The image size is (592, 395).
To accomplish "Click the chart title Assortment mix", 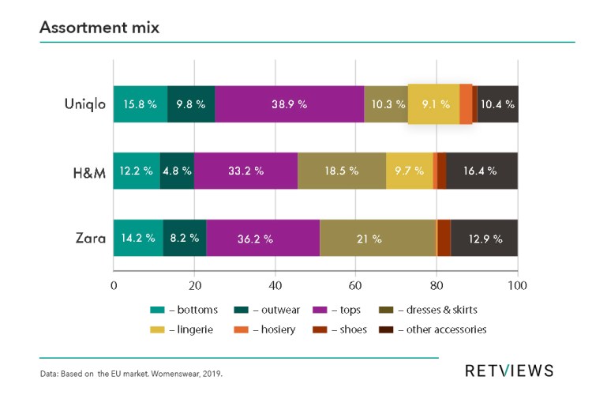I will click(x=99, y=28).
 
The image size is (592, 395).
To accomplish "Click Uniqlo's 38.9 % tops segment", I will click(x=289, y=103).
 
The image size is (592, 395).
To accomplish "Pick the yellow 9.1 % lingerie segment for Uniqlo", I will click(x=433, y=103).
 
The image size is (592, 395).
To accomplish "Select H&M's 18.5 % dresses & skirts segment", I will click(x=342, y=170).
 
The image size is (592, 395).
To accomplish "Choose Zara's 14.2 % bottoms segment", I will click(x=138, y=238).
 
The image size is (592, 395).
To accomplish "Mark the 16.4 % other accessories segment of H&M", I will click(x=481, y=170).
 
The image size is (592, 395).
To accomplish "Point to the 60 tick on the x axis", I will click(x=356, y=285).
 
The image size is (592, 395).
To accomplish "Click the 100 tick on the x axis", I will click(x=517, y=285).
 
